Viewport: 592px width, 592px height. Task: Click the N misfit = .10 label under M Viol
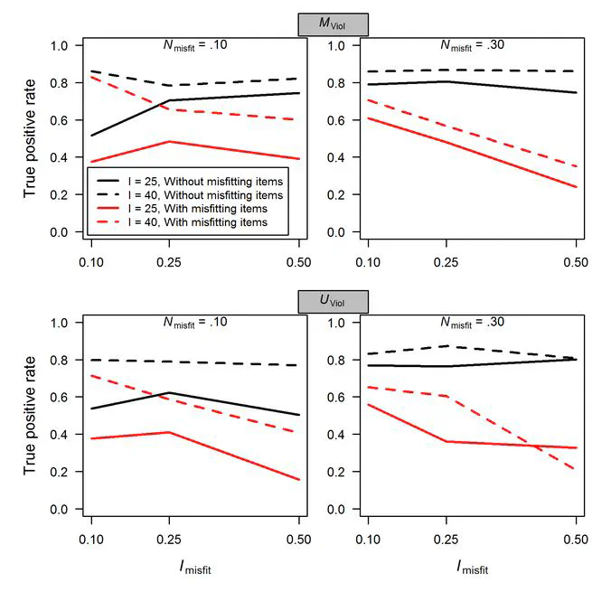pyautogui.click(x=195, y=45)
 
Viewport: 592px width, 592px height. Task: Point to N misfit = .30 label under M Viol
pyautogui.click(x=471, y=45)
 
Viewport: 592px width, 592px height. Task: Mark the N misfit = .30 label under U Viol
pyautogui.click(x=471, y=321)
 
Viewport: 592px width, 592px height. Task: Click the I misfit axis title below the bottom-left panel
pyautogui.click(x=195, y=566)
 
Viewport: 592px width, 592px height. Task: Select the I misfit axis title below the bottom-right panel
pyautogui.click(x=471, y=566)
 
